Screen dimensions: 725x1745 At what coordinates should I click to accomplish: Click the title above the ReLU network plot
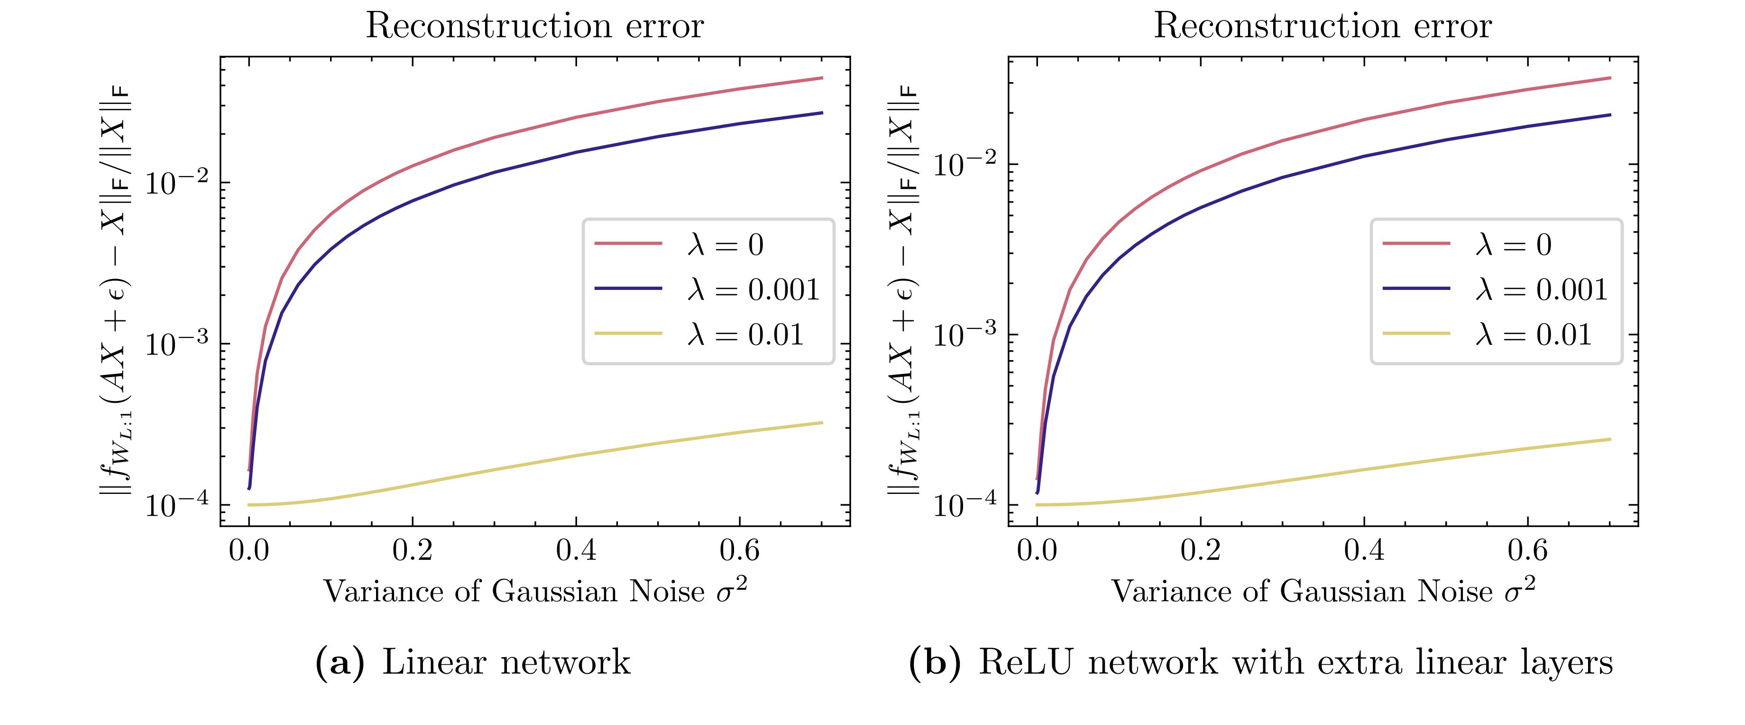1323,27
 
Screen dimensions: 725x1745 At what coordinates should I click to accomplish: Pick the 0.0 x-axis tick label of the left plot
248,550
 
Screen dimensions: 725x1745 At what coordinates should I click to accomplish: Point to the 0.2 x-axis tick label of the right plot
1200,550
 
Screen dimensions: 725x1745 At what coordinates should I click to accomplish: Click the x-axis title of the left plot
535,591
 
